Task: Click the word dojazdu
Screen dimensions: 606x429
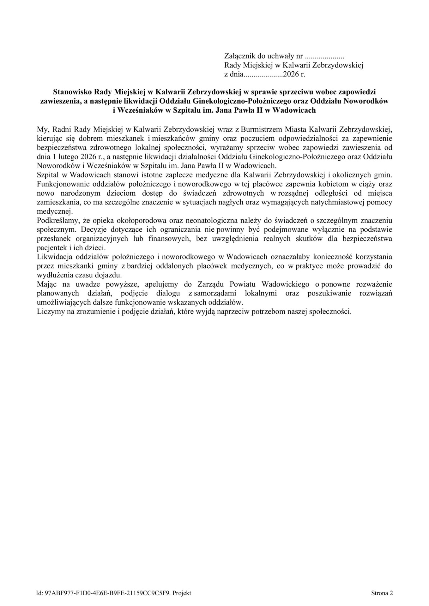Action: pos(107,275)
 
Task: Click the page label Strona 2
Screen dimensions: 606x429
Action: pos(382,593)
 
